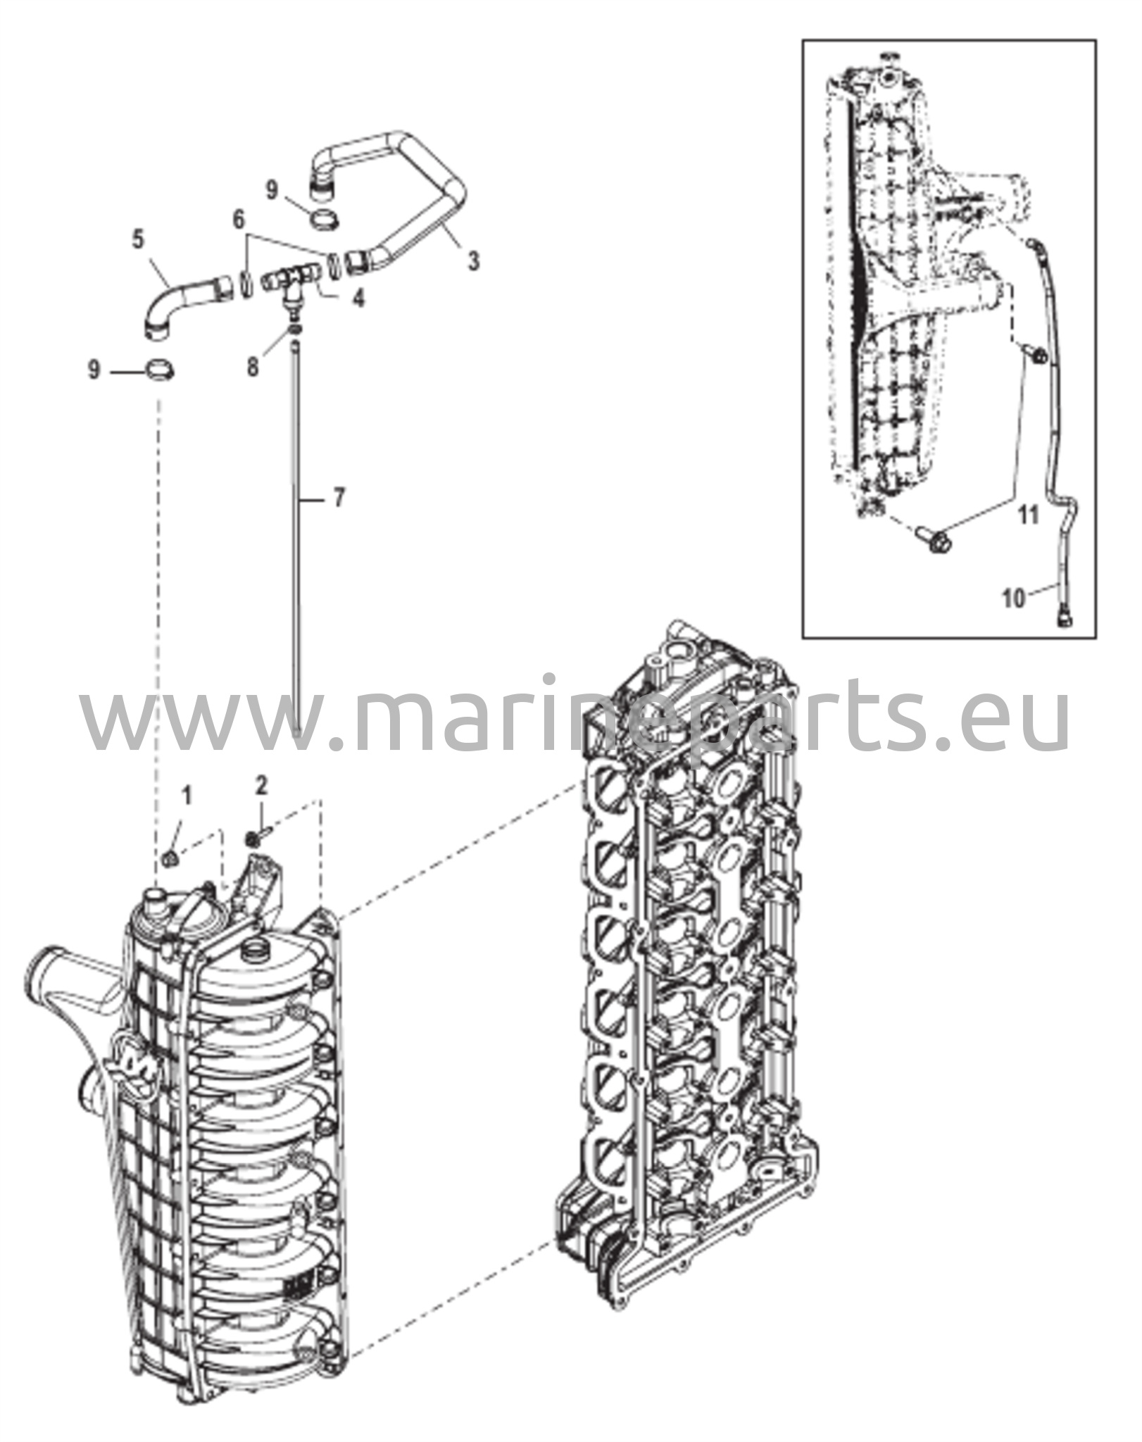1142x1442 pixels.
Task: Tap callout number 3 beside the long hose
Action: pyautogui.click(x=474, y=261)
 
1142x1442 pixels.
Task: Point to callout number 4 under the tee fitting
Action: pyautogui.click(x=358, y=299)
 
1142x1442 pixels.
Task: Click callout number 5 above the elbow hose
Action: pyautogui.click(x=138, y=239)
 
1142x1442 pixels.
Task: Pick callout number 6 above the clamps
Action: pyautogui.click(x=239, y=220)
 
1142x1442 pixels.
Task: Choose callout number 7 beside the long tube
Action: pyautogui.click(x=339, y=499)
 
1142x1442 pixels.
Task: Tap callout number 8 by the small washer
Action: pyautogui.click(x=253, y=367)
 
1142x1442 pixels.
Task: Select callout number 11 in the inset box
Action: pyautogui.click(x=1029, y=517)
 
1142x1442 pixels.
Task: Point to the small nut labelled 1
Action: pyautogui.click(x=169, y=858)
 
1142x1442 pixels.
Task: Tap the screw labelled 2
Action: pyautogui.click(x=257, y=838)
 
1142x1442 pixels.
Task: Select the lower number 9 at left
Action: pyautogui.click(x=94, y=370)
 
